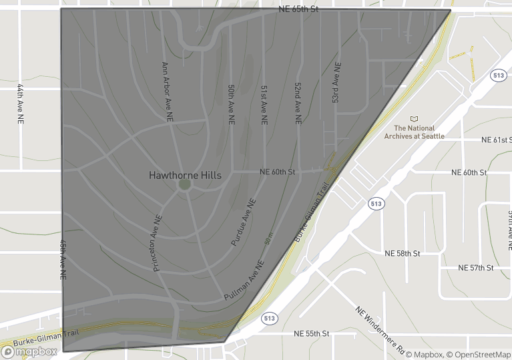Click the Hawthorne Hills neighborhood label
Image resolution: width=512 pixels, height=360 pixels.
[x=185, y=175]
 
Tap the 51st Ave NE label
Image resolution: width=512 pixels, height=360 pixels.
[x=264, y=106]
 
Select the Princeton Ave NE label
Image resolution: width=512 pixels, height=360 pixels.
[x=158, y=243]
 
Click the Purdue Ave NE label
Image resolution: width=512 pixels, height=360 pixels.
[x=243, y=222]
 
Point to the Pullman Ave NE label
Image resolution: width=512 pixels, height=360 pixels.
[x=244, y=280]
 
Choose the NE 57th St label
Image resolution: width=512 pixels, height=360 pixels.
[x=476, y=268]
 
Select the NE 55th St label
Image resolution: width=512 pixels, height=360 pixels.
[x=312, y=333]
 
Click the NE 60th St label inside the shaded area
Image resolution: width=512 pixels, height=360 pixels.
[x=277, y=172]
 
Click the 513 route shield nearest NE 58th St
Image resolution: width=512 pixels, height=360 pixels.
[x=376, y=203]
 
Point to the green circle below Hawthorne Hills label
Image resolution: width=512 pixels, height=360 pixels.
[x=185, y=184]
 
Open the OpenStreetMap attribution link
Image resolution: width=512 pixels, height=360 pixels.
[x=479, y=354]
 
